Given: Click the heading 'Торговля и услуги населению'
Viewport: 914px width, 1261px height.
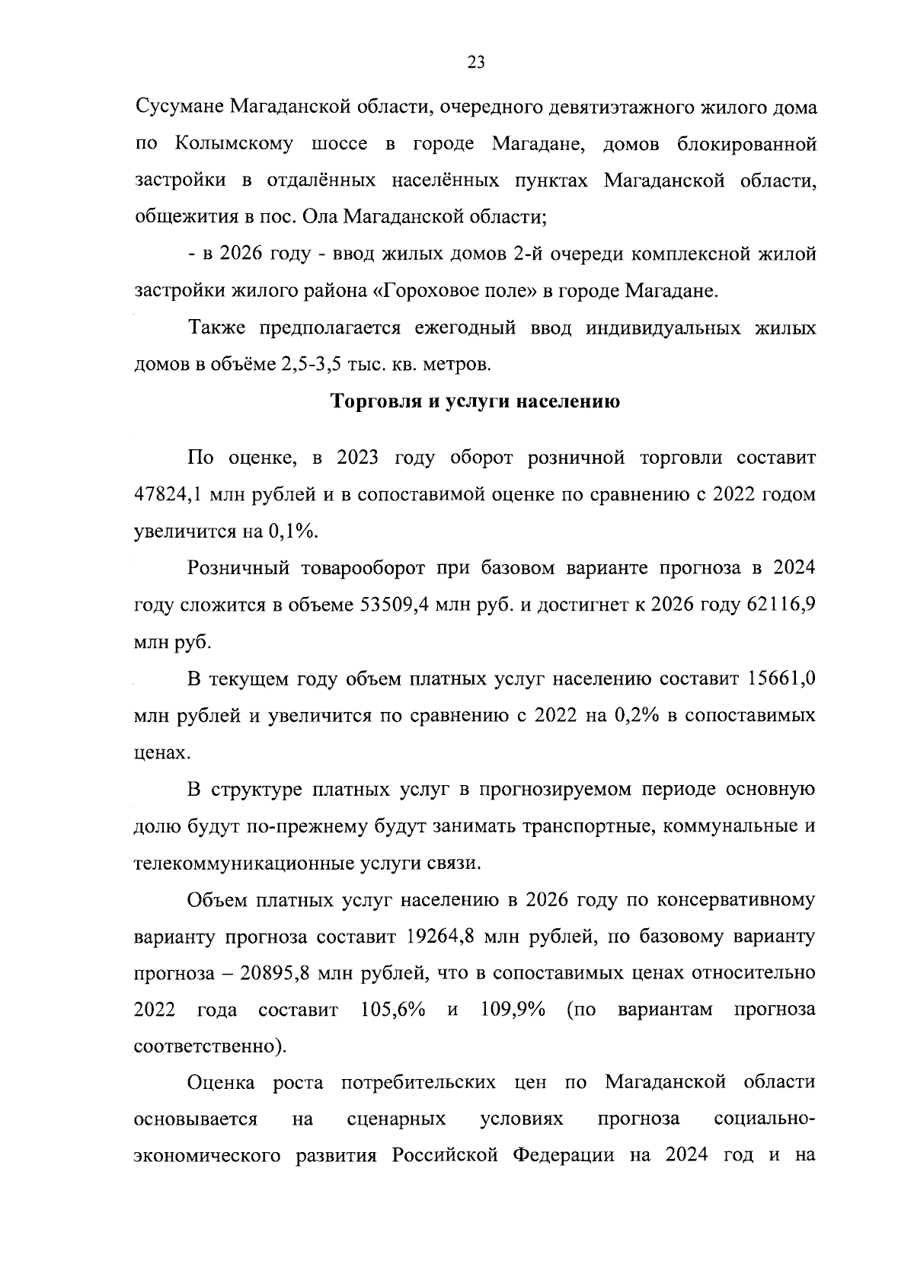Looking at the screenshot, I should pos(475,401).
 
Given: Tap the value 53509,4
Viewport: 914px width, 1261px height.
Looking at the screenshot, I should pos(398,605).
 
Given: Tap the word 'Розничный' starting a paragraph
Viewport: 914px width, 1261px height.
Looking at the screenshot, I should pos(239,568).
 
